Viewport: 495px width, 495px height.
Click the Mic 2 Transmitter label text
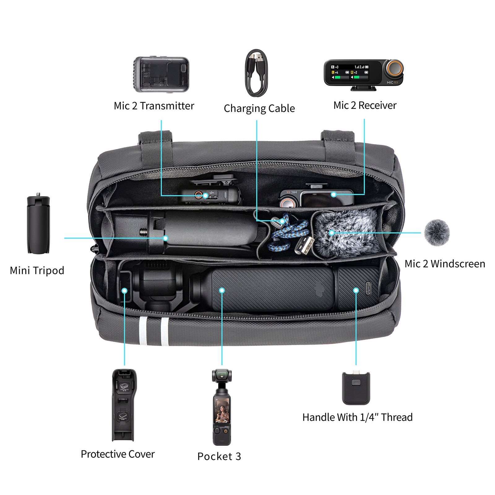(154, 106)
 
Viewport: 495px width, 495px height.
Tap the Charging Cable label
(259, 109)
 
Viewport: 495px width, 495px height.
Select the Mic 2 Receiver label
(365, 105)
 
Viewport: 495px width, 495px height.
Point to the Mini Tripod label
(37, 270)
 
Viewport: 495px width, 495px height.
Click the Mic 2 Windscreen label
(445, 264)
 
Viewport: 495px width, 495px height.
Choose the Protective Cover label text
(118, 454)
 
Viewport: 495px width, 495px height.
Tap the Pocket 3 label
(219, 456)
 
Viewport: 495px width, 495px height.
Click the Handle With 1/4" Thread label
(357, 417)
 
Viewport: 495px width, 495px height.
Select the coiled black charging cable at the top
(256, 73)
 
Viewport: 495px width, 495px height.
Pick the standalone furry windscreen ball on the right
(437, 233)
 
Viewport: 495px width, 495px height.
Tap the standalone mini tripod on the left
(38, 225)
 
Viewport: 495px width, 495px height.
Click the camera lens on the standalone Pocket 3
(222, 376)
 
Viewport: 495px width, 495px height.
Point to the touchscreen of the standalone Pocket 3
(222, 410)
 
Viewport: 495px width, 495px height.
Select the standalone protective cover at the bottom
(124, 405)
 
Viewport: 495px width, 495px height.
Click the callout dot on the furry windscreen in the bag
(332, 233)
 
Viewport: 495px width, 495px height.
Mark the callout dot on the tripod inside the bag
(166, 238)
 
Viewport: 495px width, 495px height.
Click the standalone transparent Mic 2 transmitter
(161, 74)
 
